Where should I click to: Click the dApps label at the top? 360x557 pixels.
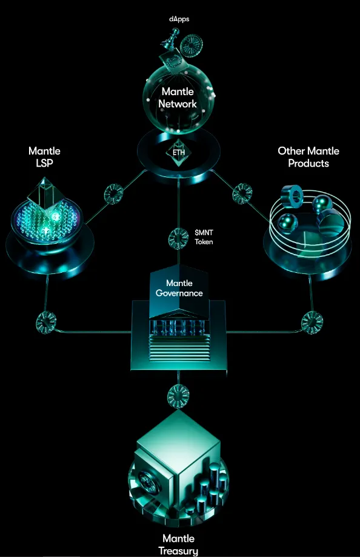(x=179, y=19)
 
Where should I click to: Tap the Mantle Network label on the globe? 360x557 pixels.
(x=178, y=98)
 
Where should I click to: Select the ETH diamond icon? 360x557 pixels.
(x=179, y=153)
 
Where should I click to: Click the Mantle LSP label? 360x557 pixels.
(x=44, y=157)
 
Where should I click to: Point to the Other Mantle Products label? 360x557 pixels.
(x=308, y=157)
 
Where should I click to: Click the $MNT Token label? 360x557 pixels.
(x=204, y=237)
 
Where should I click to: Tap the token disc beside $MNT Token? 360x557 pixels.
(x=178, y=238)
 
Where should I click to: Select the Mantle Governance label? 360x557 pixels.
(x=179, y=288)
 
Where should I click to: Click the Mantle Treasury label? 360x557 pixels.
(x=178, y=544)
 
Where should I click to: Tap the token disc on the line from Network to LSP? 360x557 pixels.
(x=114, y=193)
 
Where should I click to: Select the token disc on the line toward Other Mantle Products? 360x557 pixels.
(x=242, y=193)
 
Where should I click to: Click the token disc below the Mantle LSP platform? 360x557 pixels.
(x=46, y=322)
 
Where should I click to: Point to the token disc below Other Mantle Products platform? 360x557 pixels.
(x=312, y=322)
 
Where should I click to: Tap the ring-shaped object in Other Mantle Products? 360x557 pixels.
(x=293, y=196)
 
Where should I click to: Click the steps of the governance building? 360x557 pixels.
(x=179, y=349)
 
